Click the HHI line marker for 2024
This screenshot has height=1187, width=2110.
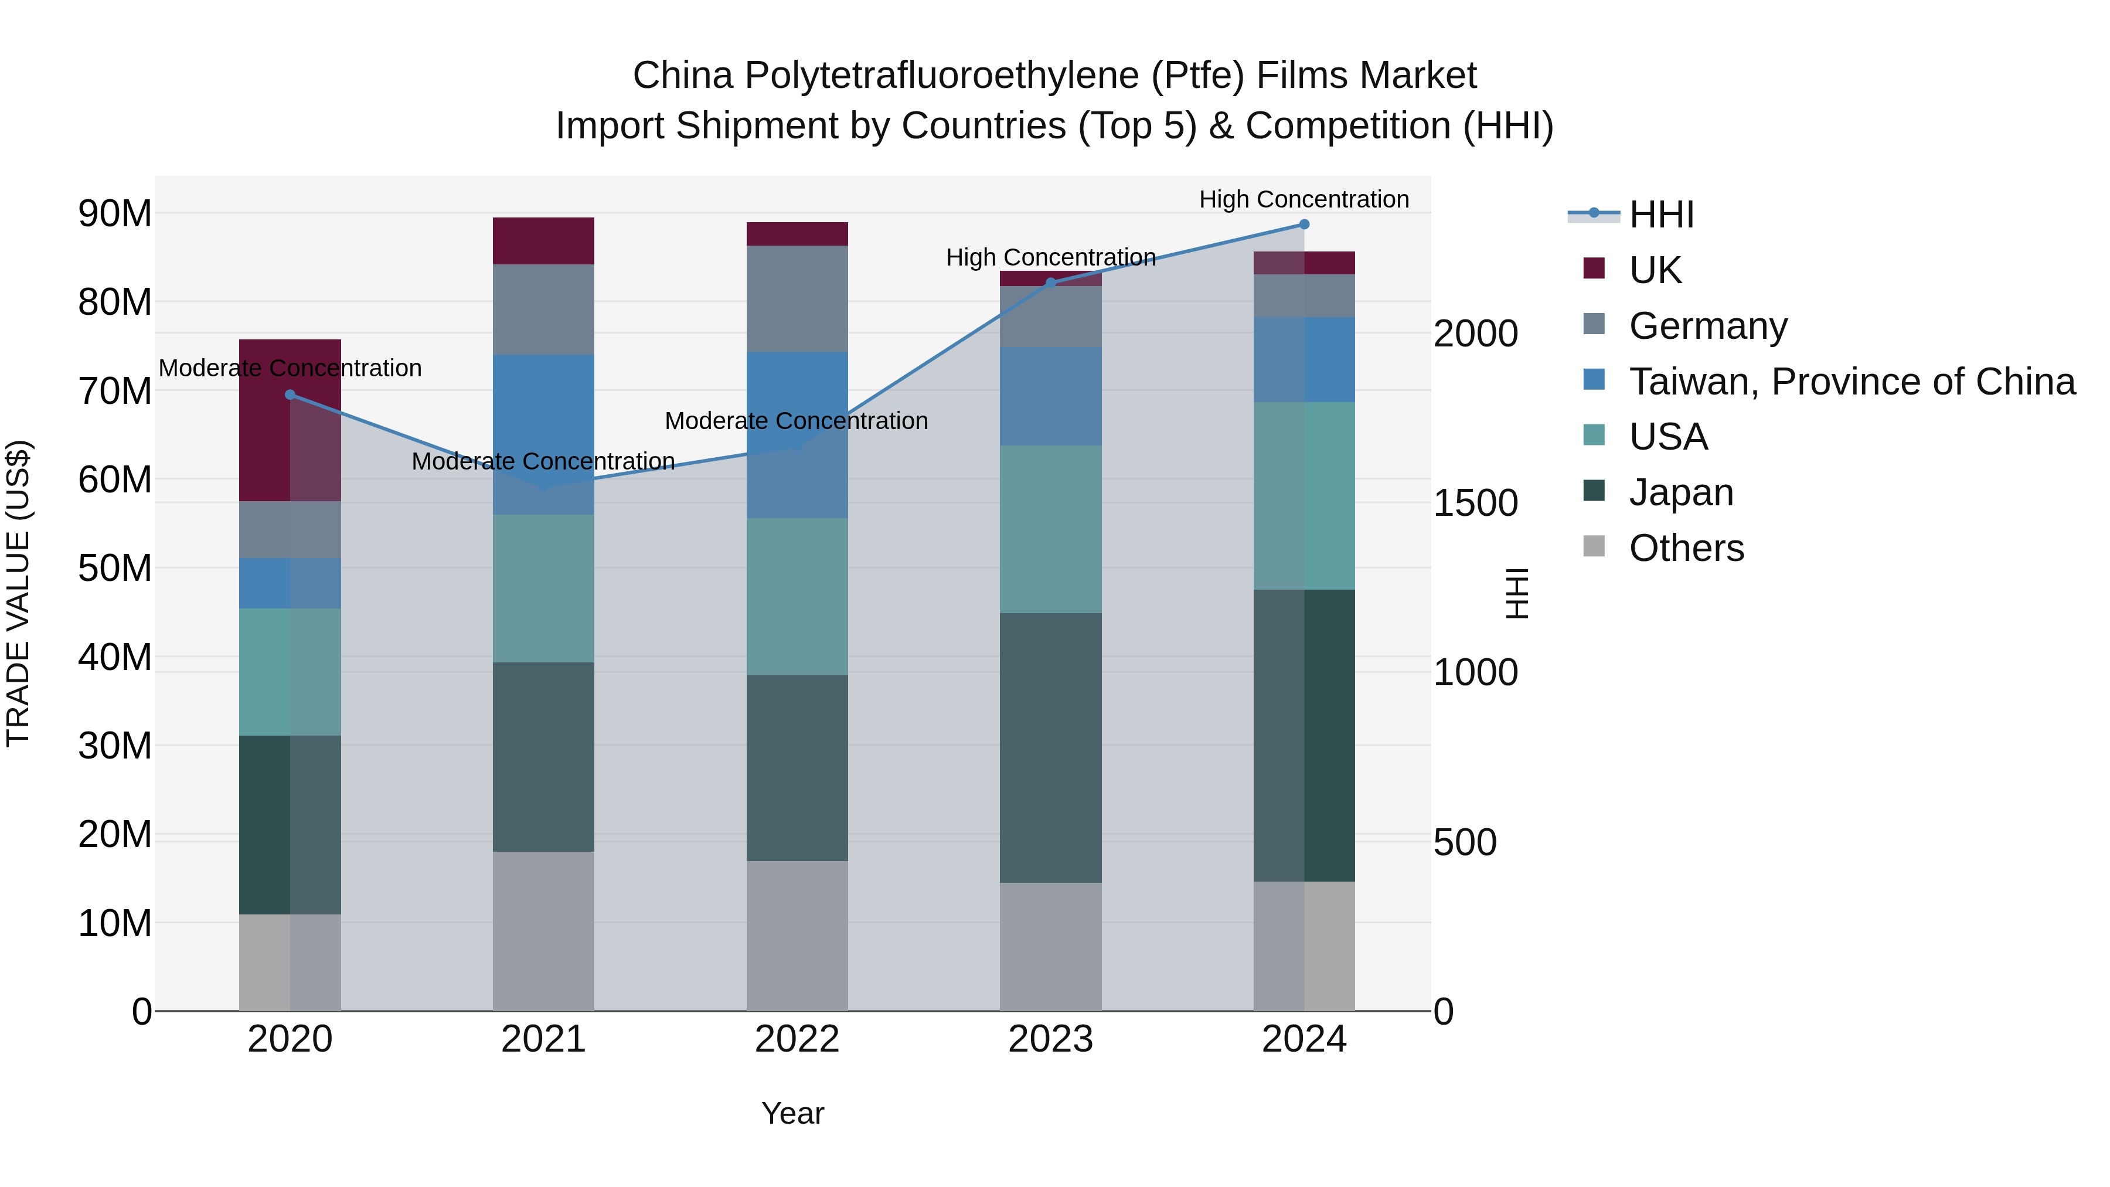(x=1304, y=225)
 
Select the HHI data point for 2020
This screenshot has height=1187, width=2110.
(x=290, y=395)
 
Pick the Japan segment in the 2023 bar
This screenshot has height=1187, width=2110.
(x=1051, y=747)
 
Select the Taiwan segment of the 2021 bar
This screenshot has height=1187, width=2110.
(x=543, y=434)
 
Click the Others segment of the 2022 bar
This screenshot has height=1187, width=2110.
(x=797, y=936)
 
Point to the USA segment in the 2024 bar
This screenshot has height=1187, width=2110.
(x=1304, y=495)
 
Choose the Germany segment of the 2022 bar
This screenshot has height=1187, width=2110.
(x=797, y=298)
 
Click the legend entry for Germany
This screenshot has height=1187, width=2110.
(x=1708, y=326)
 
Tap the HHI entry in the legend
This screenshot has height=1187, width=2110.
(x=1661, y=215)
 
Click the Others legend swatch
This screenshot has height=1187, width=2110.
(x=1594, y=546)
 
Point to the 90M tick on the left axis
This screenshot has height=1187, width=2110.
(x=115, y=214)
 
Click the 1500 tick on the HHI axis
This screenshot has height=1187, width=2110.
(x=1475, y=503)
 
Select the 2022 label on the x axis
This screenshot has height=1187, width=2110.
(x=797, y=1039)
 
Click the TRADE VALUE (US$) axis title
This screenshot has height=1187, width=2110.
(x=18, y=593)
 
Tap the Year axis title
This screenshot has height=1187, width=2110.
(x=792, y=1113)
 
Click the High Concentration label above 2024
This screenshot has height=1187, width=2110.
(x=1304, y=199)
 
